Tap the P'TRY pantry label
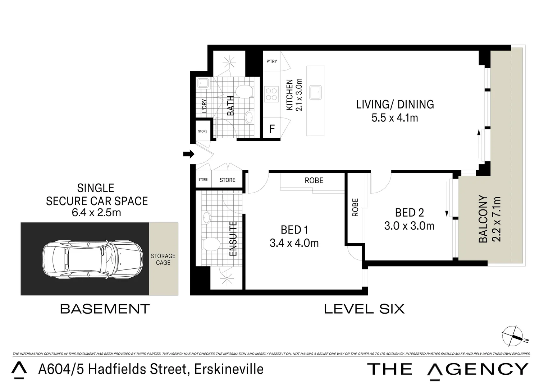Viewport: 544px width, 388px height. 271,61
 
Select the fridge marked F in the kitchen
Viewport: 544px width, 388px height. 272,129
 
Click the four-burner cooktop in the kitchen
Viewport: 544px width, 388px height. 271,94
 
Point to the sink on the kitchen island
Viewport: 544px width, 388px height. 316,92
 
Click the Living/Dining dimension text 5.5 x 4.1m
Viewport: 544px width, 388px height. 394,118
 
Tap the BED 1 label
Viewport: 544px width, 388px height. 294,230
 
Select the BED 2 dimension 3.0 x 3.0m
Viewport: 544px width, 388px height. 409,226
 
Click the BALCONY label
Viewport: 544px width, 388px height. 483,219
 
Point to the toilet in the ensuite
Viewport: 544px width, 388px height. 211,245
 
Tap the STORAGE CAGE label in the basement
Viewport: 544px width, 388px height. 163,259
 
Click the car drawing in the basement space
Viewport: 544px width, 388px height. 92,259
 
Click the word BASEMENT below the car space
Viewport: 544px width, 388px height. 105,309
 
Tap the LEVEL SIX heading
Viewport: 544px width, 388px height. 364,309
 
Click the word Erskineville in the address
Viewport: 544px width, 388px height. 229,369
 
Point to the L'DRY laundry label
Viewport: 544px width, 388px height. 204,106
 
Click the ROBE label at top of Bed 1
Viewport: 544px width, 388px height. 314,180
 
